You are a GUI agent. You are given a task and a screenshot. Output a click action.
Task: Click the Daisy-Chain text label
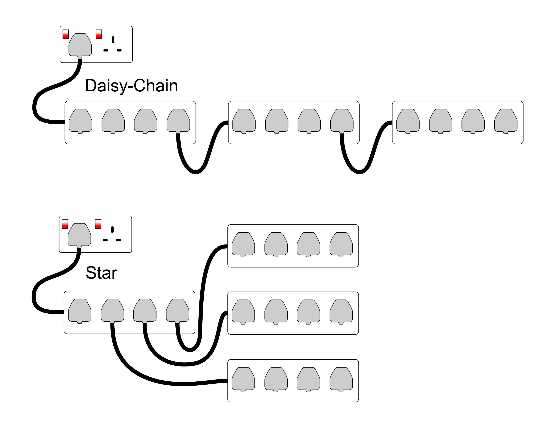click(131, 86)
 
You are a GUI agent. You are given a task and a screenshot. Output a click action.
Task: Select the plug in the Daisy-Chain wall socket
click(80, 45)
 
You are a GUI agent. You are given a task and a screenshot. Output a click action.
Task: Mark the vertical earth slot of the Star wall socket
click(112, 230)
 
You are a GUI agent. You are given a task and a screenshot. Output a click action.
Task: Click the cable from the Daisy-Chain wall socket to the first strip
click(51, 89)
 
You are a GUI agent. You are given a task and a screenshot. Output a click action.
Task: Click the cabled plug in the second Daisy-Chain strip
click(342, 121)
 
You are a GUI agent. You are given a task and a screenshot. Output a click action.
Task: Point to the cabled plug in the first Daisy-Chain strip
click(178, 121)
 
